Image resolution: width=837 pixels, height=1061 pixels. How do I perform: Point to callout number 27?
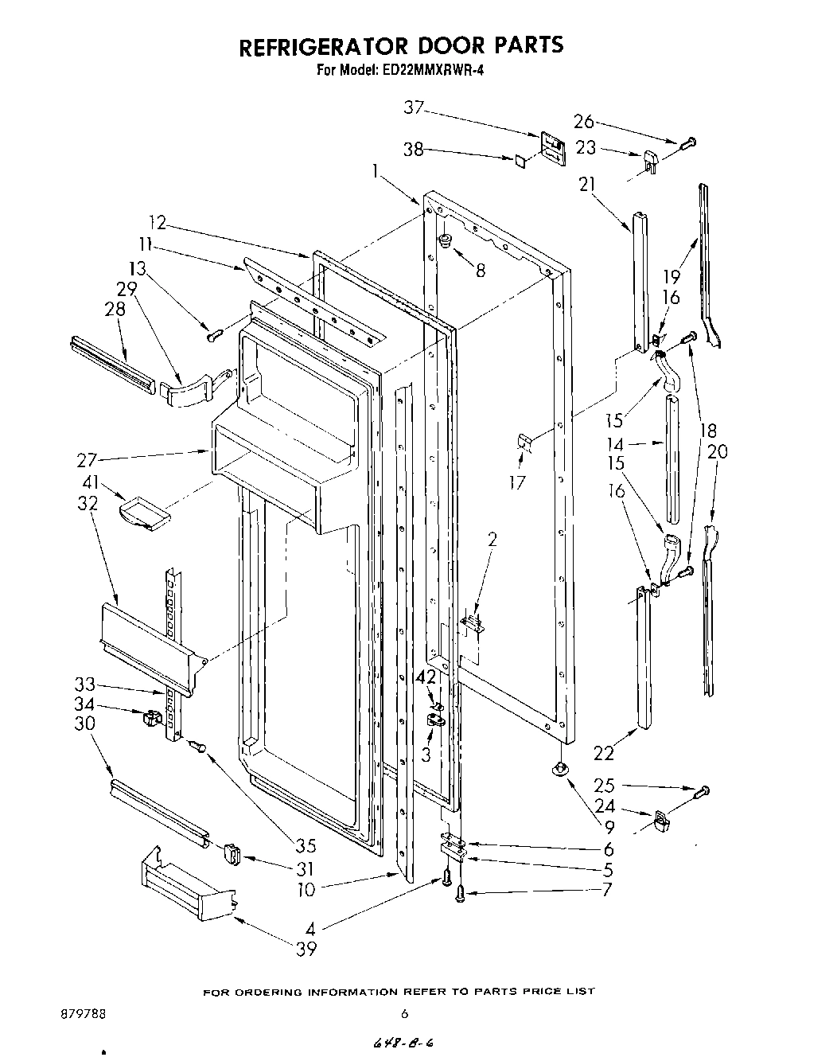pos(87,459)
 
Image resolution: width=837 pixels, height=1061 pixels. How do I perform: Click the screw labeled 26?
pos(688,143)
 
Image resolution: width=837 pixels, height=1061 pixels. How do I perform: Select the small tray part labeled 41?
pos(145,511)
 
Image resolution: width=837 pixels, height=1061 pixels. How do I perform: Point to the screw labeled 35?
pos(197,745)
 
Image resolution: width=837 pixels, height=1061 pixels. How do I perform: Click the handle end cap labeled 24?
pos(660,819)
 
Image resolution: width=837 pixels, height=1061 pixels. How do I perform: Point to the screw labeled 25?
pos(702,791)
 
